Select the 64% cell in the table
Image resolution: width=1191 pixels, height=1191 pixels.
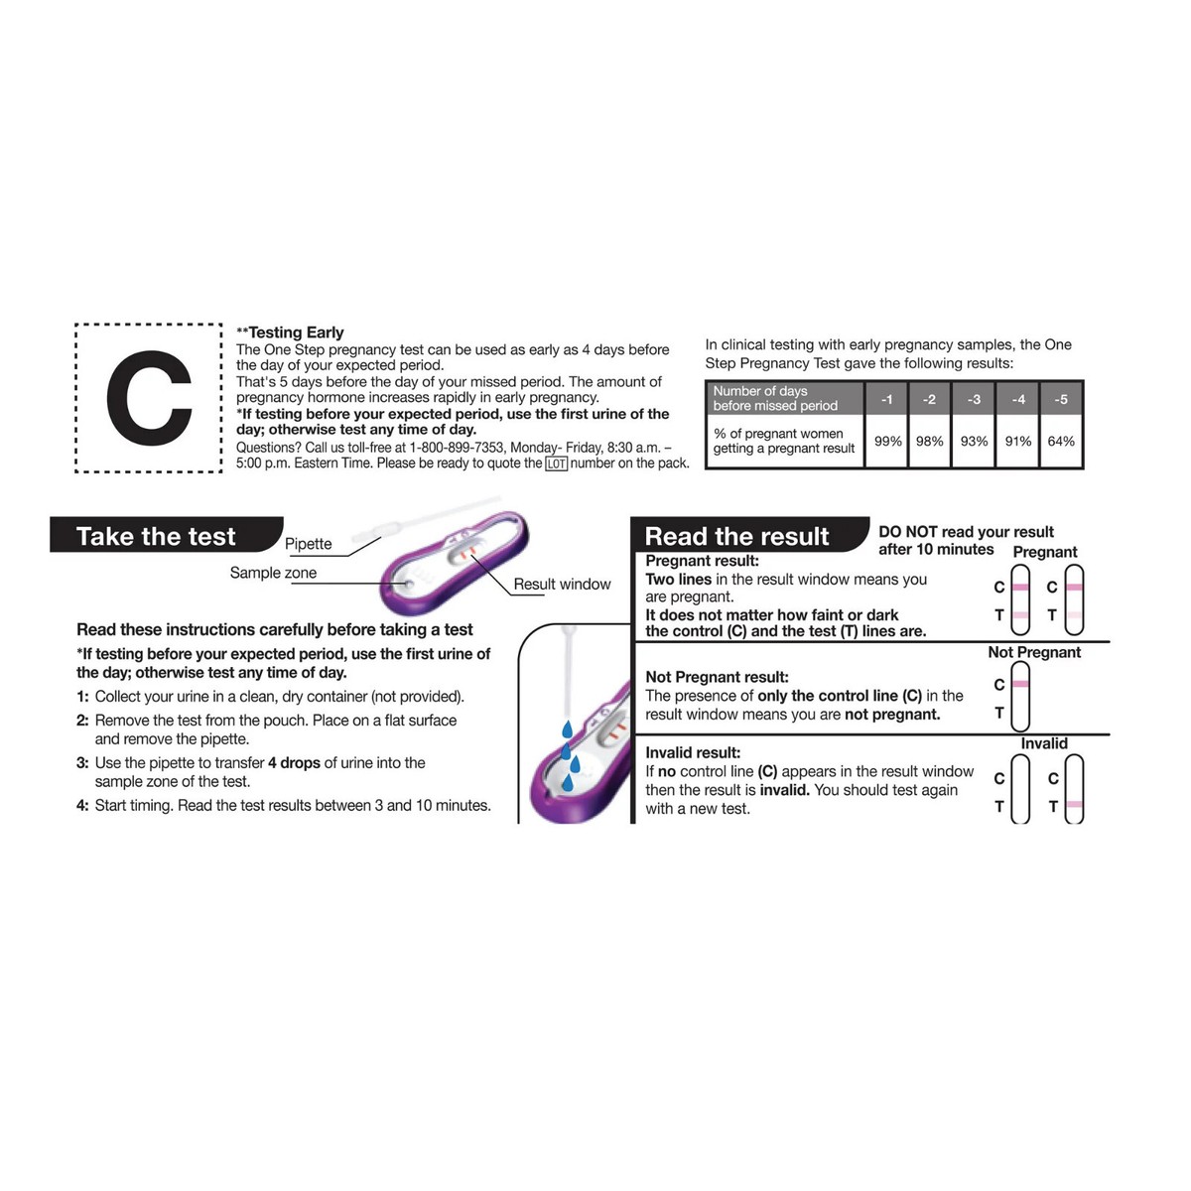1061,442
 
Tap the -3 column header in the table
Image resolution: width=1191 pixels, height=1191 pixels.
974,399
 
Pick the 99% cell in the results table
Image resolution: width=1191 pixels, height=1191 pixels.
887,442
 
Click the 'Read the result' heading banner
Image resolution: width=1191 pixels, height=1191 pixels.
748,535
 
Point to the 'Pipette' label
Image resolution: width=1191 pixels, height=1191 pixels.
308,544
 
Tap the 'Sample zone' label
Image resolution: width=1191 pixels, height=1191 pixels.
273,573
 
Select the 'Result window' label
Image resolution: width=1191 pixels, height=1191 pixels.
561,584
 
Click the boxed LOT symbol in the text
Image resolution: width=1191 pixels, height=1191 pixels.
556,463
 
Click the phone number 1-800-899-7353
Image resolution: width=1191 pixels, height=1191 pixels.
457,448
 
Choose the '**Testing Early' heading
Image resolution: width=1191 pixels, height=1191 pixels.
290,332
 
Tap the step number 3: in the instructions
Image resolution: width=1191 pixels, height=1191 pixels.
82,762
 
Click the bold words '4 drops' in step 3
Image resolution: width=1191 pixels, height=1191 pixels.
294,762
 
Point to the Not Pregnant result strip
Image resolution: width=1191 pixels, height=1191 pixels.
1020,696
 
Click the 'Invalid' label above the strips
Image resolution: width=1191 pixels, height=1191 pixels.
1044,743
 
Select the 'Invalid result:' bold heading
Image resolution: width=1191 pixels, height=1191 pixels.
692,752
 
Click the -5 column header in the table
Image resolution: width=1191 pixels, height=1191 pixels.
1061,399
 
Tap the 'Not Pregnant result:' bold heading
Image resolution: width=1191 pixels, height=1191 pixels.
717,677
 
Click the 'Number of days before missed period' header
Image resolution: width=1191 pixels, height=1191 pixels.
775,399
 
